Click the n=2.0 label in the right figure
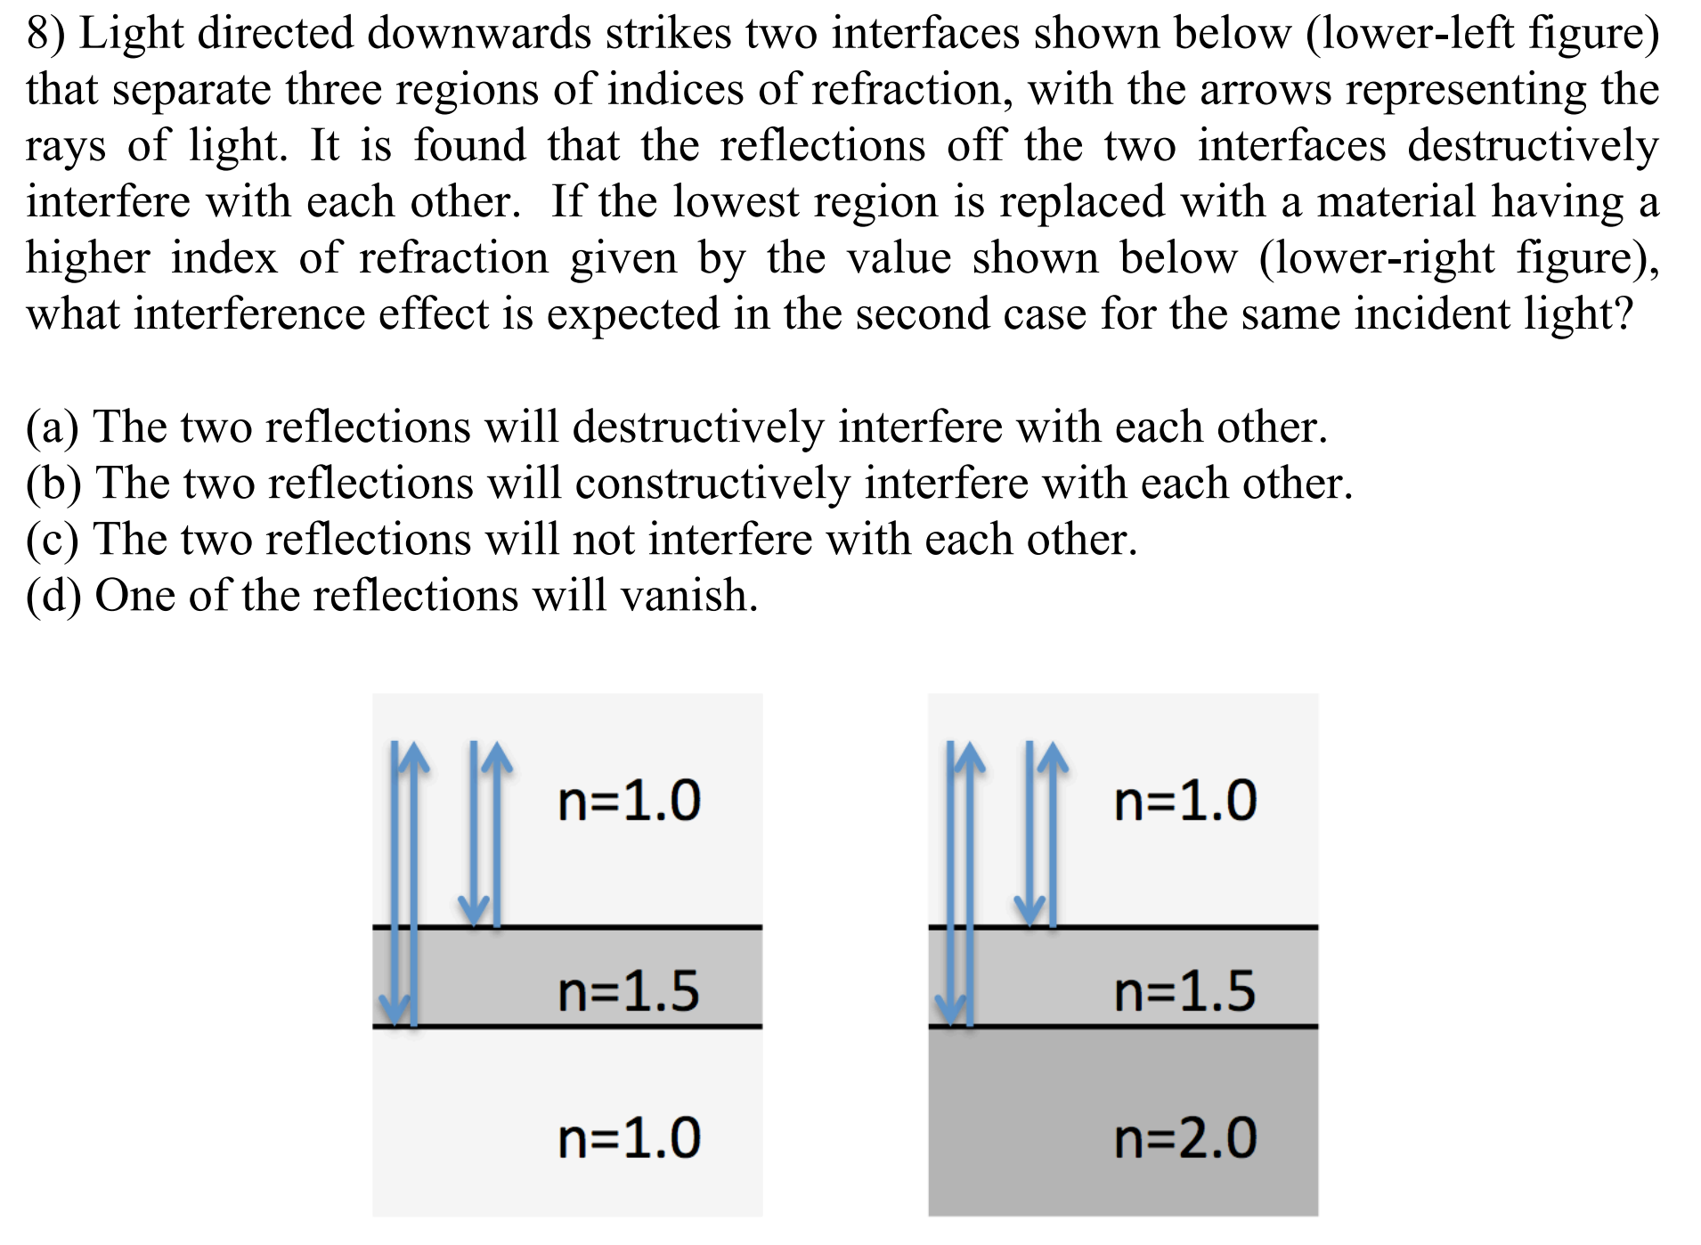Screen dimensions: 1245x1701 [x=1184, y=1138]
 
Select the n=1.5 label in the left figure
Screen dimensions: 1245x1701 [x=629, y=991]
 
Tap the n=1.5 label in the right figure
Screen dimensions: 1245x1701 [x=1184, y=991]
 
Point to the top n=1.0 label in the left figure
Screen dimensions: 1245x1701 [x=629, y=800]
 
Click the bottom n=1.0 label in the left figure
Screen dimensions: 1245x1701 [x=629, y=1138]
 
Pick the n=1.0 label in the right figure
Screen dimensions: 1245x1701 [x=1184, y=800]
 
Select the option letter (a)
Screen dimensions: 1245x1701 [x=52, y=427]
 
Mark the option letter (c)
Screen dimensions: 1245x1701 [x=52, y=540]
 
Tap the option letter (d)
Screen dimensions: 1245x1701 [x=53, y=596]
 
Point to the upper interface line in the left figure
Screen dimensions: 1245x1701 [x=623, y=927]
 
